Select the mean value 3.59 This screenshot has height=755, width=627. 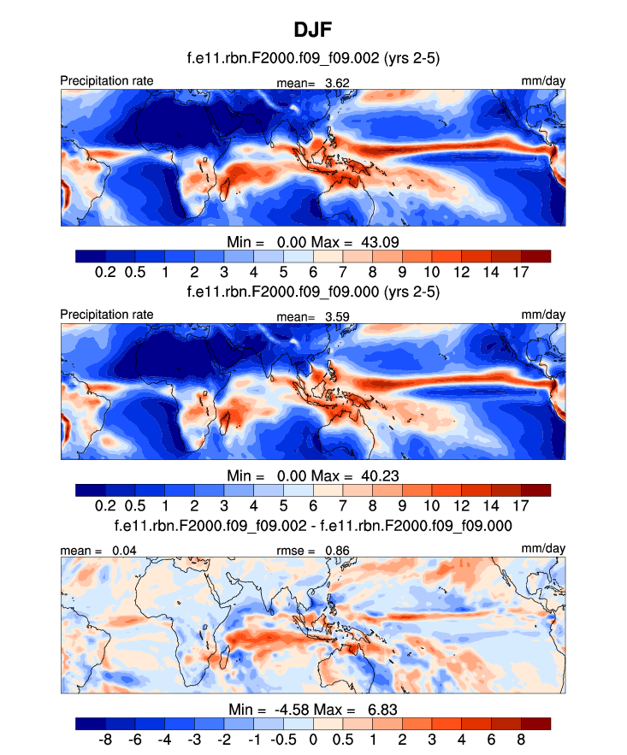pyautogui.click(x=336, y=316)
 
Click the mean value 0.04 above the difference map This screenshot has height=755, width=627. pyautogui.click(x=124, y=550)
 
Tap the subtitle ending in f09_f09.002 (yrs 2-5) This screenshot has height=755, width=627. pyautogui.click(x=313, y=58)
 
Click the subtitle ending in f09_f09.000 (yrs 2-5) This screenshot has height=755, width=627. pyautogui.click(x=313, y=292)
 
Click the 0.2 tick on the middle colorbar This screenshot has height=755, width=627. pyautogui.click(x=106, y=505)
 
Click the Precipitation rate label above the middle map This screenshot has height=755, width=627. pyautogui.click(x=107, y=315)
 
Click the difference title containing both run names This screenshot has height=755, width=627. pyautogui.click(x=313, y=525)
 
